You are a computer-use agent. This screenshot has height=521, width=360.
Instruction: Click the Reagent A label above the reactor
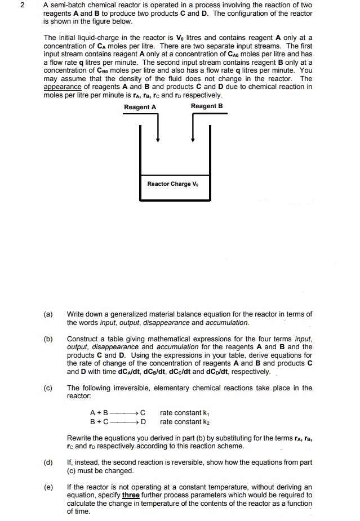point(140,107)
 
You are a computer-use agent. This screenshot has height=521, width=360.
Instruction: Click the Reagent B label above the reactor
point(207,106)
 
